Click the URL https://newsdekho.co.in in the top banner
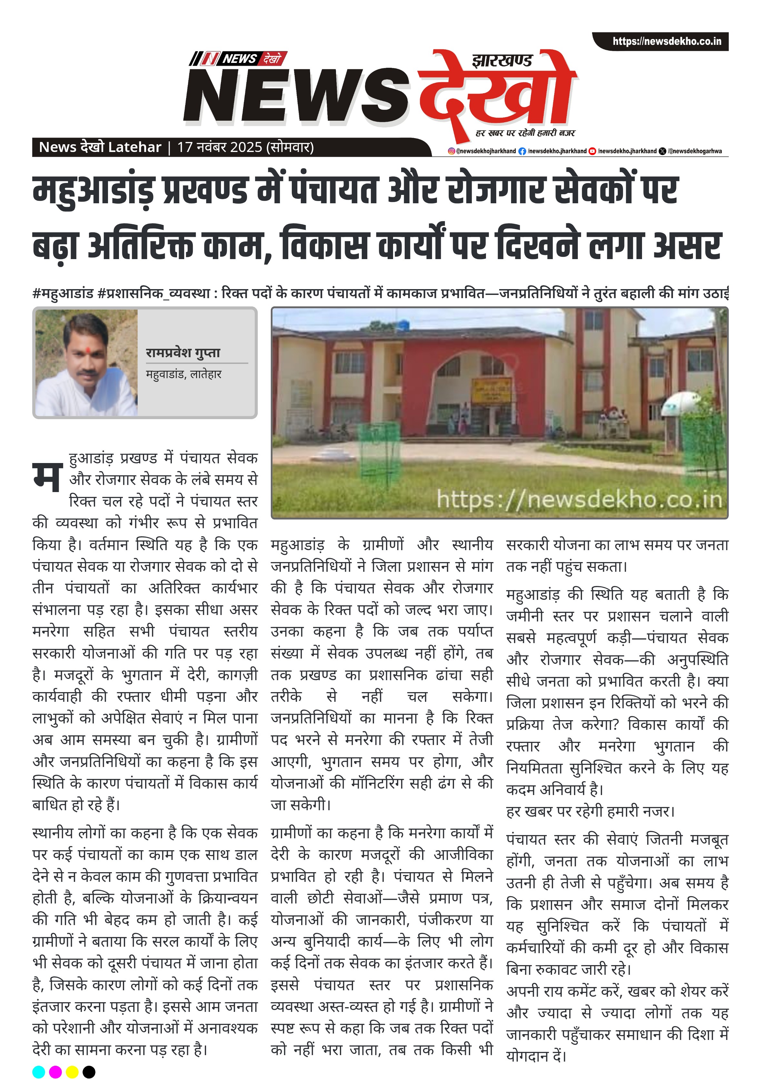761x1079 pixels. pyautogui.click(x=666, y=41)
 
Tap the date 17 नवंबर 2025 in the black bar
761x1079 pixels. pyautogui.click(x=219, y=147)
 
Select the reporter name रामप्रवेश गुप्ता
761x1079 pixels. pyautogui.click(x=183, y=352)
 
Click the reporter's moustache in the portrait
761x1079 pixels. pyautogui.click(x=88, y=374)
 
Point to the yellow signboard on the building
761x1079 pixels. pyautogui.click(x=491, y=389)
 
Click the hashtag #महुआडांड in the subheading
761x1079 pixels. pyautogui.click(x=63, y=294)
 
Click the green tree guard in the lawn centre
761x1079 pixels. pyautogui.click(x=379, y=449)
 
